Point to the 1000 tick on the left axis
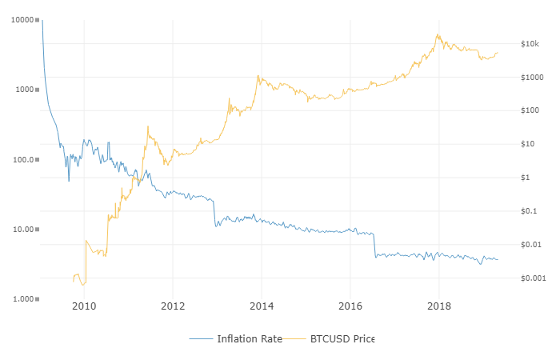[x=22, y=90]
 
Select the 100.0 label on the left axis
[x=19, y=160]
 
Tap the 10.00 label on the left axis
[x=19, y=230]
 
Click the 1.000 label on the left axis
[x=19, y=299]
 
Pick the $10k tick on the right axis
[x=530, y=44]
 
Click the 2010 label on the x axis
[x=84, y=306]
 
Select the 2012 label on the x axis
[x=173, y=306]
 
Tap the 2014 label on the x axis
[x=262, y=306]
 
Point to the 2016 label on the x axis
[x=350, y=306]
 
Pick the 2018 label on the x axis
[x=438, y=306]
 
